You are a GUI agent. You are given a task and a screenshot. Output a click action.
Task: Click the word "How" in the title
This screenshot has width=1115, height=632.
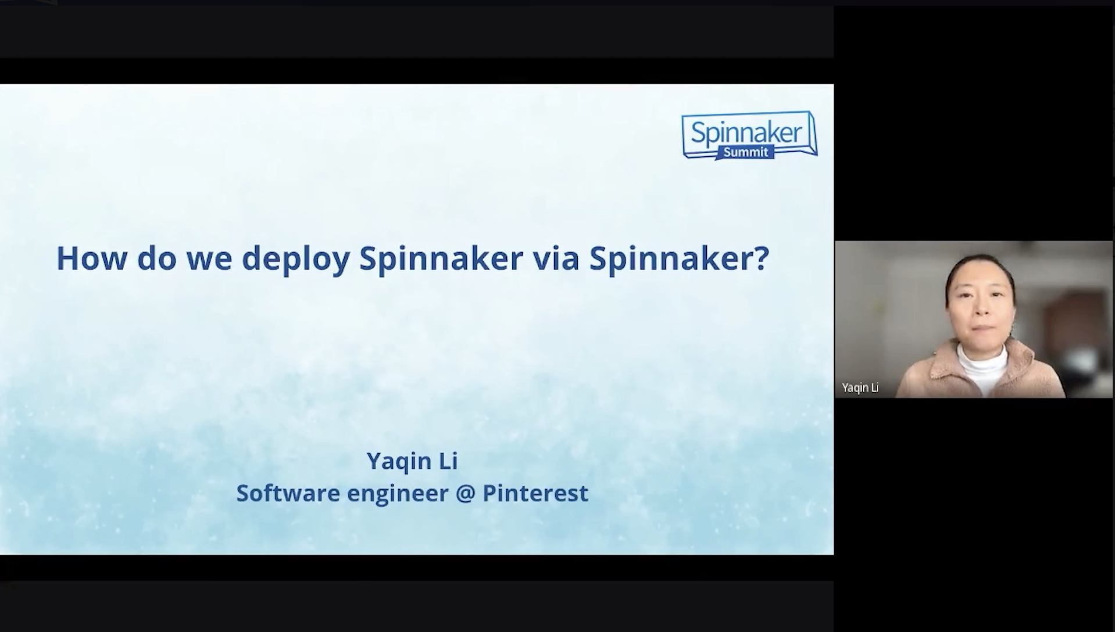point(91,258)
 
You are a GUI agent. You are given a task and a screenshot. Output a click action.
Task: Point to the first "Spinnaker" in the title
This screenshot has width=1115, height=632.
point(441,259)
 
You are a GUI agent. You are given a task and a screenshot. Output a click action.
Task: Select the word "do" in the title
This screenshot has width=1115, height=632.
point(157,258)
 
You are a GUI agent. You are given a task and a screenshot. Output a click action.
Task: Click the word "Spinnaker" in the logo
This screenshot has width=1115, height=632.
point(746,133)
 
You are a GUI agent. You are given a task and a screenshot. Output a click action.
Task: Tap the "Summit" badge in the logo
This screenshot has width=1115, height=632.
point(746,152)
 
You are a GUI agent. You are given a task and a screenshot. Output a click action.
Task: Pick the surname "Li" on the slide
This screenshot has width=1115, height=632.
point(448,461)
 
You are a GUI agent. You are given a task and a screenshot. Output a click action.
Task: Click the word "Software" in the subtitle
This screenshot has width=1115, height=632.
point(288,493)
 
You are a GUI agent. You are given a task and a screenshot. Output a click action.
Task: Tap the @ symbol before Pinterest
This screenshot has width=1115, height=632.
point(466,494)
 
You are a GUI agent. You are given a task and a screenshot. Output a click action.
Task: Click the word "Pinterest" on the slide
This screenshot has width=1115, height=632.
point(535,493)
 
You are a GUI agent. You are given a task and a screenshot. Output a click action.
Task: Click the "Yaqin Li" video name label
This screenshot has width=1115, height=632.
point(860,388)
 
